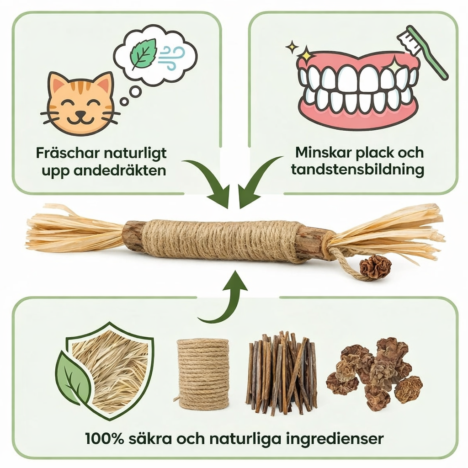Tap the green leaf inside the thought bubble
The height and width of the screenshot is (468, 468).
pyautogui.click(x=143, y=54)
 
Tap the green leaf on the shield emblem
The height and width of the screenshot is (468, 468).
pyautogui.click(x=72, y=378)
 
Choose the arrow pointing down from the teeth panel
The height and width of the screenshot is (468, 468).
pyautogui.click(x=257, y=179)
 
